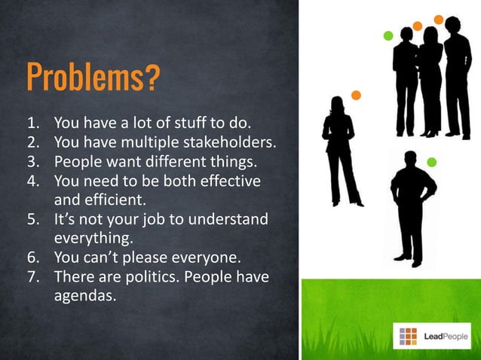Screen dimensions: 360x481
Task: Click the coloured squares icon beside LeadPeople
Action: pyautogui.click(x=408, y=334)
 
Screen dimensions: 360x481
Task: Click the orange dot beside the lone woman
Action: pyautogui.click(x=356, y=96)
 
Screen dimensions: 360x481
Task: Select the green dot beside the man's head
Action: pyautogui.click(x=431, y=162)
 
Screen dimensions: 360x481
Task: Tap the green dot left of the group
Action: pyautogui.click(x=388, y=36)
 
